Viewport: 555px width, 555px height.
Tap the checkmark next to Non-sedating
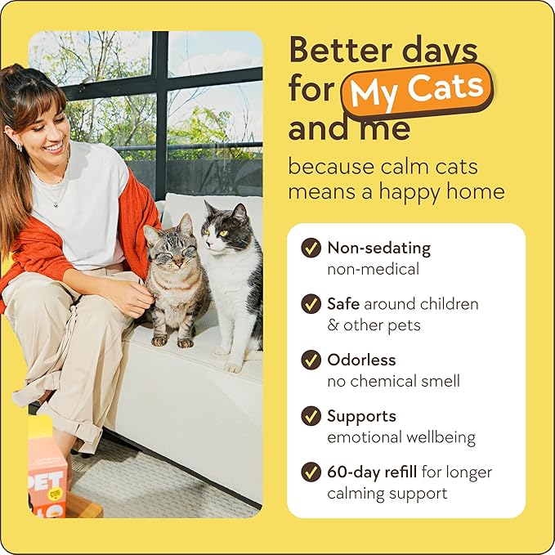[311, 248]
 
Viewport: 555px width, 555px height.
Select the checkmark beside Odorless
[311, 360]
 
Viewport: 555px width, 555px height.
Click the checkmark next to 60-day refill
[311, 472]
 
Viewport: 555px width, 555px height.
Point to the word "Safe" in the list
[344, 303]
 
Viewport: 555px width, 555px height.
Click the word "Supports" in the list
[361, 416]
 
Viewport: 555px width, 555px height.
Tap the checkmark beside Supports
[311, 416]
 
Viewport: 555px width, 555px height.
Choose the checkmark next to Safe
[311, 304]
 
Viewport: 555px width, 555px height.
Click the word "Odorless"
[360, 360]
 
